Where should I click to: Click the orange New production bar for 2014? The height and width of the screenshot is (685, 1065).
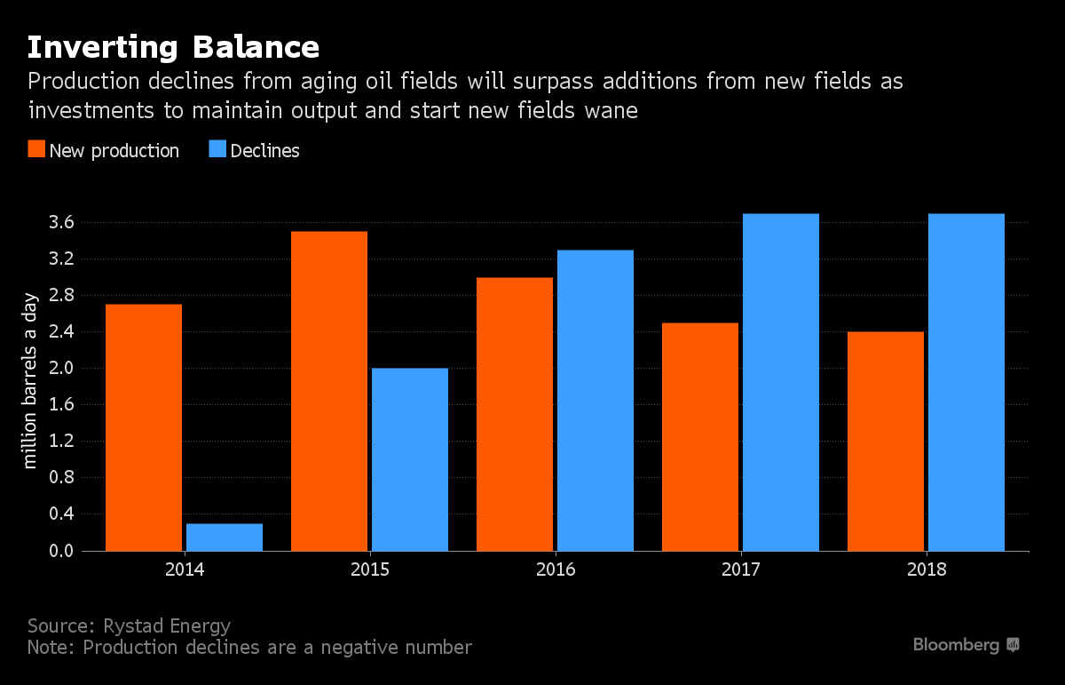[144, 427]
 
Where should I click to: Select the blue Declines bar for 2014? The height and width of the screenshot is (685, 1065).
[225, 537]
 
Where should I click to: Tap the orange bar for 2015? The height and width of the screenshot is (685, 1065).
[329, 391]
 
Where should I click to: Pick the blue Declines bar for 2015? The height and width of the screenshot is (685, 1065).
[410, 459]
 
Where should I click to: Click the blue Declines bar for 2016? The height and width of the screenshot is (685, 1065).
[596, 401]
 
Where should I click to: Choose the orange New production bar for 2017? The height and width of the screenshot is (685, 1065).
[700, 436]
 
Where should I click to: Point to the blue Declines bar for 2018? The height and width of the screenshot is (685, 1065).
[966, 382]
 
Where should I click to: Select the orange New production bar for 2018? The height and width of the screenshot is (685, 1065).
[886, 441]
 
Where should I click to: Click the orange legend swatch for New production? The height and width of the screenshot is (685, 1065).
[35, 150]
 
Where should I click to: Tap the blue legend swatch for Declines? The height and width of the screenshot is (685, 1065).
[217, 150]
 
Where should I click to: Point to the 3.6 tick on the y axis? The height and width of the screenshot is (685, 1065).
[61, 222]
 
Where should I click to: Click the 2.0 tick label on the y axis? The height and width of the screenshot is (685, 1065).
[61, 368]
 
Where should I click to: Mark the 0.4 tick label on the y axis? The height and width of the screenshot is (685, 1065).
[61, 514]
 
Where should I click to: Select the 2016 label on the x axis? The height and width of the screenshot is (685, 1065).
[556, 570]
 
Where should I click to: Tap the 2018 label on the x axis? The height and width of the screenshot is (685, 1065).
[927, 570]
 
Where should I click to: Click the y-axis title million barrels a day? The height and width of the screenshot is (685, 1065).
[31, 380]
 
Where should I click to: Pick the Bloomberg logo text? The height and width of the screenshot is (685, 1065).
[956, 645]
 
